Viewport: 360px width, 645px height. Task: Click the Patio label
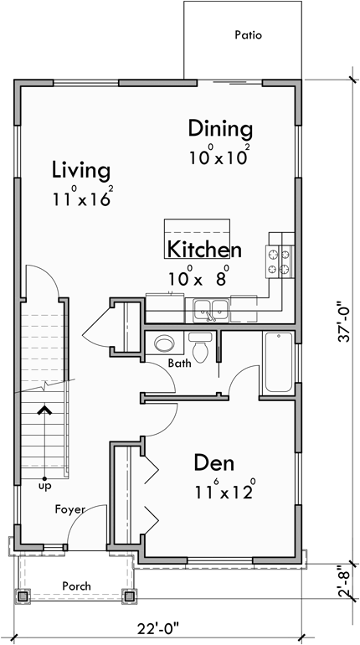point(248,36)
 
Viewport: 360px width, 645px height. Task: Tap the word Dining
point(220,129)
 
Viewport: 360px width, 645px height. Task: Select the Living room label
point(80,170)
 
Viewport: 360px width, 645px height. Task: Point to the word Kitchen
point(204,250)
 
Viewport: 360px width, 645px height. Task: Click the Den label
point(213,462)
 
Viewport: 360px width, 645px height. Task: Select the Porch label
point(75,586)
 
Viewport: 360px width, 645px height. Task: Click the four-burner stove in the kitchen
point(280,261)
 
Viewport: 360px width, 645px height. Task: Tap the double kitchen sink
point(211,311)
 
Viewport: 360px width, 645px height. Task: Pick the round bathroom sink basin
point(164,343)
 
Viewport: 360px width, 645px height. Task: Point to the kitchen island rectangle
point(198,230)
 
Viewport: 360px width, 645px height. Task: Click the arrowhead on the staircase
point(44,410)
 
